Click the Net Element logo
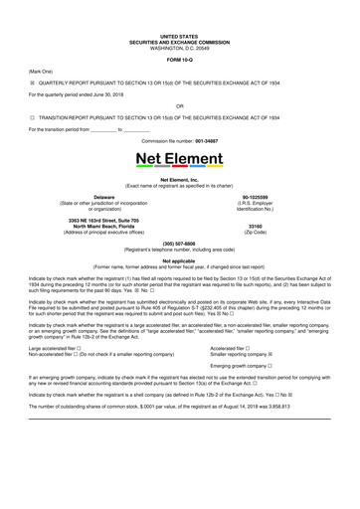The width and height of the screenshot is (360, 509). coord(179,158)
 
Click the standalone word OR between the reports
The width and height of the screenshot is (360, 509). coord(179,103)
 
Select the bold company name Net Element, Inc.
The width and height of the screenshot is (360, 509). coord(179,178)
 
